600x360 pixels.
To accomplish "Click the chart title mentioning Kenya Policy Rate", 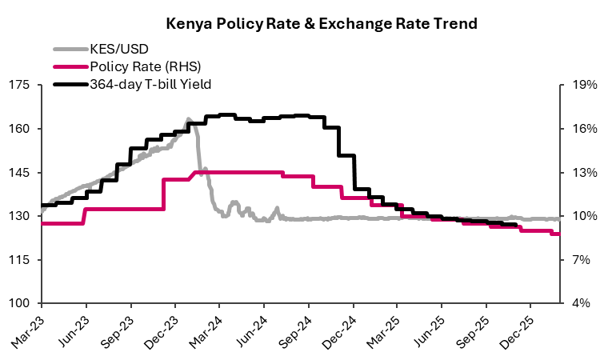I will tap(322, 24).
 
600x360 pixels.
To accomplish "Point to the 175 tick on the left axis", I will tap(21, 85).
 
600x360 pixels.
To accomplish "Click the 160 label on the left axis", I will tap(21, 129).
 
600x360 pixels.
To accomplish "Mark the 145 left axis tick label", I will tap(21, 173).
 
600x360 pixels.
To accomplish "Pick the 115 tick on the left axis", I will tap(21, 260).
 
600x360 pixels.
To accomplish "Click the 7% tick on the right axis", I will tap(578, 260).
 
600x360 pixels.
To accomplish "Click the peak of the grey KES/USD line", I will tap(189, 119).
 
